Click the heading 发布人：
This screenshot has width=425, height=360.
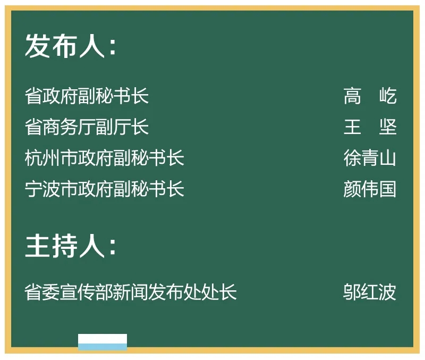71,46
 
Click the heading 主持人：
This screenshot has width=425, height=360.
71,246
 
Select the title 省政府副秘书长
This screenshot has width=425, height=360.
87,96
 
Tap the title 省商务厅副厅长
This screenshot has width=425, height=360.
87,127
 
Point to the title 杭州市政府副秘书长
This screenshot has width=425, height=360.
105,157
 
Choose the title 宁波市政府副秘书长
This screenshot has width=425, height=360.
105,189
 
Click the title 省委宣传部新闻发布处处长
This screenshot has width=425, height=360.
131,292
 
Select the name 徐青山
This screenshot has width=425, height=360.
370,157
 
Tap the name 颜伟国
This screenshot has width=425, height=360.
370,189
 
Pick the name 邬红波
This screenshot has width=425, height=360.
370,292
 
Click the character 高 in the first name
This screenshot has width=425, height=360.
352,96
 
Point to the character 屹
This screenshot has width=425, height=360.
388,96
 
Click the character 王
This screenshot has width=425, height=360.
352,127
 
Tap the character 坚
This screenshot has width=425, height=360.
388,127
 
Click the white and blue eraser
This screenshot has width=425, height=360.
103,342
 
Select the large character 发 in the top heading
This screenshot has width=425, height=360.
37,46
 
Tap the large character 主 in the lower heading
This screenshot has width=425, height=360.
37,246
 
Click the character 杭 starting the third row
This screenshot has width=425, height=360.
33,157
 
